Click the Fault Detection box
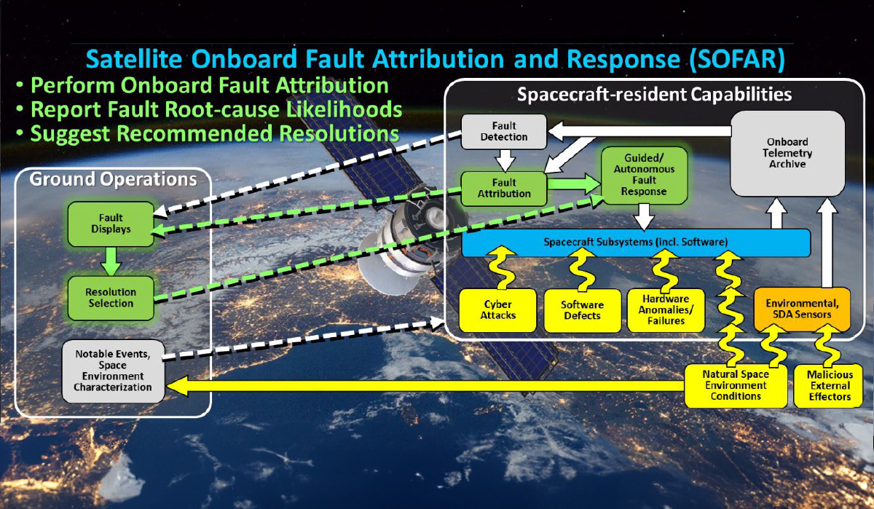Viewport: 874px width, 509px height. point(504,132)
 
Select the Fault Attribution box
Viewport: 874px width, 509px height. point(504,189)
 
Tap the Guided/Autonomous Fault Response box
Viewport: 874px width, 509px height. point(644,175)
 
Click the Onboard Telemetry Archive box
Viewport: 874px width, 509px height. point(787,154)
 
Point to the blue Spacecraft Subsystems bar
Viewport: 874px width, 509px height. point(636,242)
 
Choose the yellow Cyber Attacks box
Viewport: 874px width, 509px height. point(498,310)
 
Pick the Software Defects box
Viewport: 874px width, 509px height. point(583,310)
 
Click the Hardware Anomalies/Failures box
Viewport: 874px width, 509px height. point(666,310)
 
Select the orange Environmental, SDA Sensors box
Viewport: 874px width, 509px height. point(802,309)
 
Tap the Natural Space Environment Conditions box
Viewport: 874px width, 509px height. point(736,386)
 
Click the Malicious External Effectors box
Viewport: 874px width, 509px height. point(829,386)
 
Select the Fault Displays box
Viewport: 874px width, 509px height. point(111,224)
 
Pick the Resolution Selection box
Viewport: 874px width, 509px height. point(111,298)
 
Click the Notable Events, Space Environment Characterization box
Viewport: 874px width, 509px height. point(113,371)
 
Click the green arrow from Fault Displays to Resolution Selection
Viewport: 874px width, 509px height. point(111,261)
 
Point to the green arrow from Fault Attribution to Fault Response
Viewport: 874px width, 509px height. point(574,184)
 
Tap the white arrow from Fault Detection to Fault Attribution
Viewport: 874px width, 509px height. point(505,160)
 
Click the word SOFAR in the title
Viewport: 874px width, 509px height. point(737,59)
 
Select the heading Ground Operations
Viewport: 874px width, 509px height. point(113,179)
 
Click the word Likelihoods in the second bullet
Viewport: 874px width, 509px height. point(344,110)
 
